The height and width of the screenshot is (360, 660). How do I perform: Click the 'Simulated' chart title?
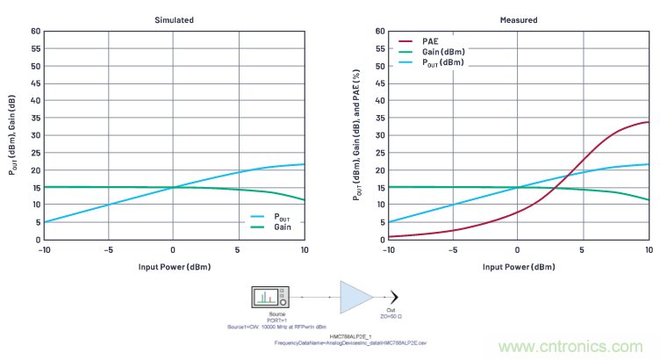click(x=174, y=19)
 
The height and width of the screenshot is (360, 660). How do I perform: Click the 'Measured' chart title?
click(x=518, y=19)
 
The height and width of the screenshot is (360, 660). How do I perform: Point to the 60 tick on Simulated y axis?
click(x=36, y=31)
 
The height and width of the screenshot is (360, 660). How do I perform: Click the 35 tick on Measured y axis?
click(x=380, y=118)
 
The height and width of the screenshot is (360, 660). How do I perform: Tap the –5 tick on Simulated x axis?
click(x=107, y=249)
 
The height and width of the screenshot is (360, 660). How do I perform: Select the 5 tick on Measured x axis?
click(x=583, y=249)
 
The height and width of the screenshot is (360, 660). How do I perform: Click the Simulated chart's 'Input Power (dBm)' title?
click(x=174, y=265)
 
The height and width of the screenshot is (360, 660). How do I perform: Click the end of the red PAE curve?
click(x=648, y=122)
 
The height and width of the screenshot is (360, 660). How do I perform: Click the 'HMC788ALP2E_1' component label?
click(x=347, y=335)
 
